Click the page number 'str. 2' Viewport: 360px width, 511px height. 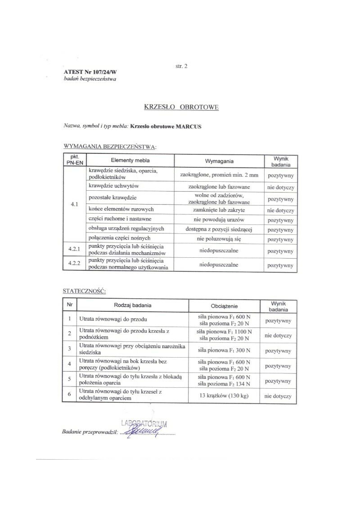pyautogui.click(x=181, y=66)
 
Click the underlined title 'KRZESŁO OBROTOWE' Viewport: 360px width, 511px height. pyautogui.click(x=181, y=107)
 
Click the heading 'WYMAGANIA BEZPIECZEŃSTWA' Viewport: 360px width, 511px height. pyautogui.click(x=110, y=147)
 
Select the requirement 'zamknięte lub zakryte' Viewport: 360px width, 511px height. pyautogui.click(x=219, y=210)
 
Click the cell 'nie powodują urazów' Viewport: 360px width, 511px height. pyautogui.click(x=219, y=220)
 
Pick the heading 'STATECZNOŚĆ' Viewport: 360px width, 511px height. pyautogui.click(x=85, y=291)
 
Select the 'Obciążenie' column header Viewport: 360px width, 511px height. pyautogui.click(x=224, y=306)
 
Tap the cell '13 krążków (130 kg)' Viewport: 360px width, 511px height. pyautogui.click(x=224, y=396)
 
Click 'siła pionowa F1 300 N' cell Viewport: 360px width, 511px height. pyautogui.click(x=224, y=350)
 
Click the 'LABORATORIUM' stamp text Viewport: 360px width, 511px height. pyautogui.click(x=144, y=423)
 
